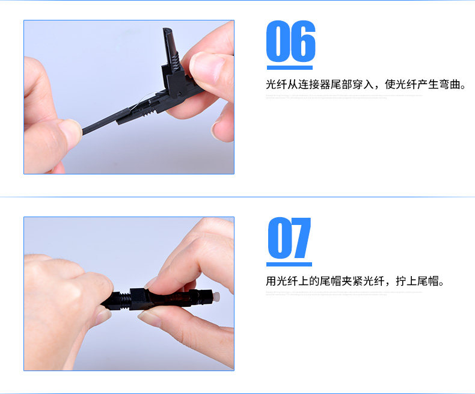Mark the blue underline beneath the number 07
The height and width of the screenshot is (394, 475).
tap(290, 263)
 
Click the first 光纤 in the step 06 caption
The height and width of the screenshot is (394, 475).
tap(277, 84)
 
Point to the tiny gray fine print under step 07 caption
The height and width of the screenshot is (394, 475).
tap(343, 294)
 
